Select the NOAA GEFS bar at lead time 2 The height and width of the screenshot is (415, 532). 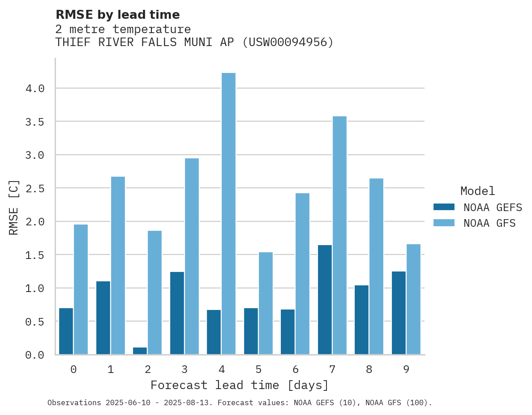(140, 351)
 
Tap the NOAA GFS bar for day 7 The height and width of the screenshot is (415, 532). (339, 235)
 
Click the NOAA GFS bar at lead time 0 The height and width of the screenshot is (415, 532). (81, 289)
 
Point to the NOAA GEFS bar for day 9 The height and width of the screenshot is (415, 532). (399, 313)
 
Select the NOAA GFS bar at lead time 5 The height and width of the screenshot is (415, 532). (266, 303)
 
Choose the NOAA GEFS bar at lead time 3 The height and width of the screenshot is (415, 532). (177, 313)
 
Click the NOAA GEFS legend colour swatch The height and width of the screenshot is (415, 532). (444, 207)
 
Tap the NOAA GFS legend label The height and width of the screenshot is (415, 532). (489, 223)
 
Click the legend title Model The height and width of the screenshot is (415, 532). (477, 191)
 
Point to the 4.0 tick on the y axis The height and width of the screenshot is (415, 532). (35, 89)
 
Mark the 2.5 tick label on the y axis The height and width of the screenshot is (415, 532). (35, 188)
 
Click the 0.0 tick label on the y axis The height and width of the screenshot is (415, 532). (35, 355)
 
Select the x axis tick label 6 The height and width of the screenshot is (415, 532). (295, 369)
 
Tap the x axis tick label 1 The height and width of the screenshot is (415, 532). (111, 369)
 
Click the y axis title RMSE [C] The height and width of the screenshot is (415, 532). (14, 207)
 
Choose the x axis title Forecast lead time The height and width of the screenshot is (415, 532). (240, 385)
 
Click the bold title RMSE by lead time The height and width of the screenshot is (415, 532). (117, 15)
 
